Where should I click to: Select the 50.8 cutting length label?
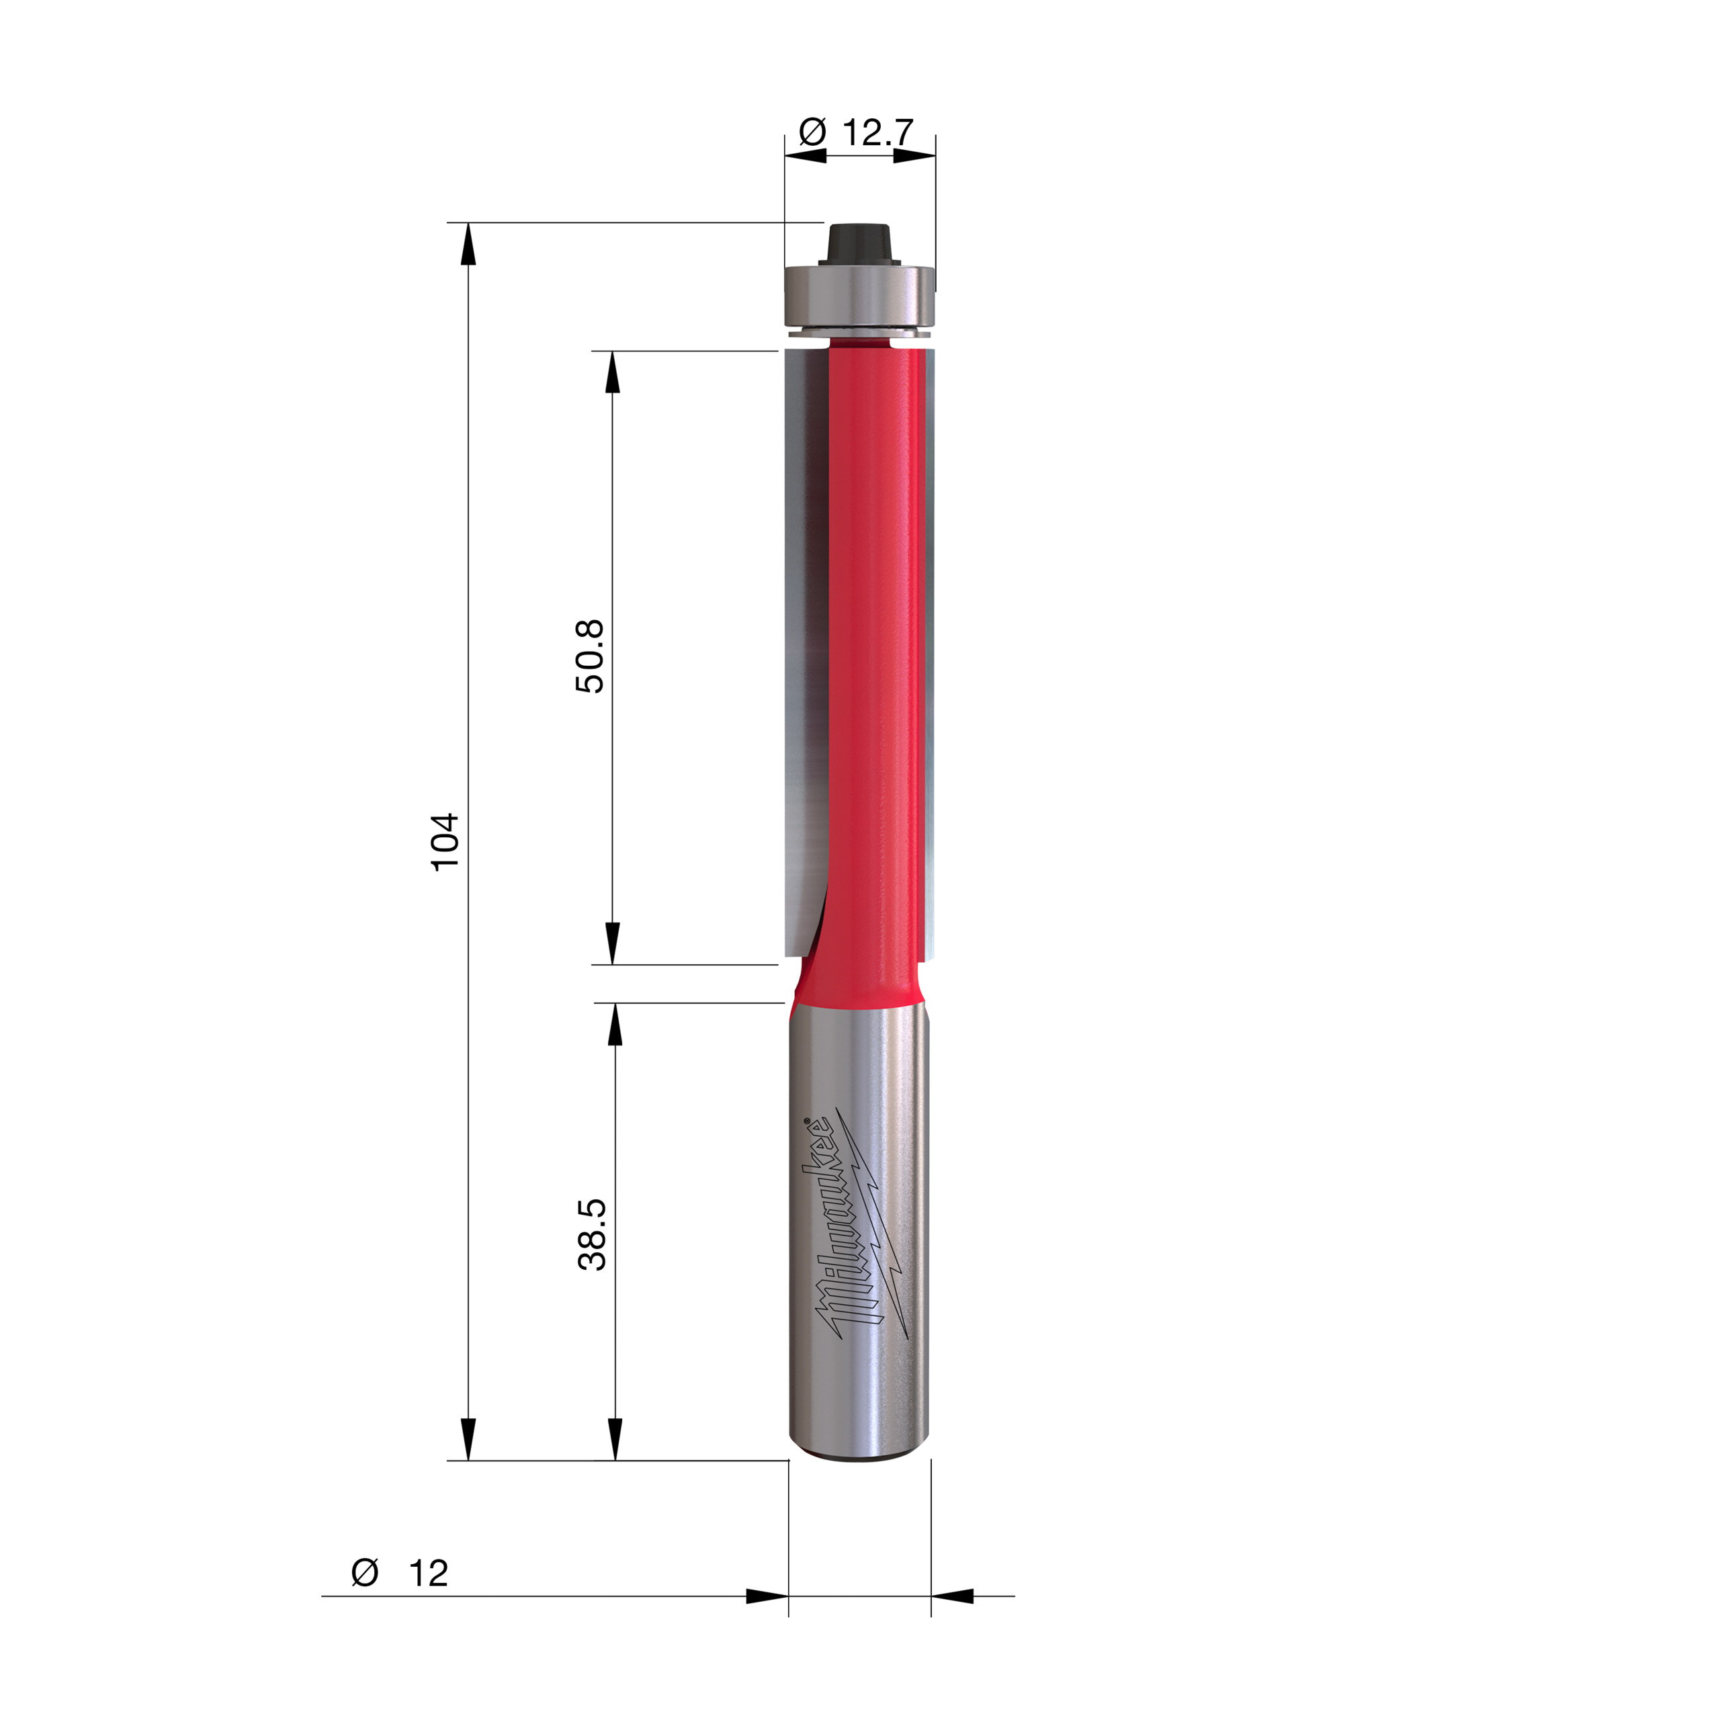point(589,656)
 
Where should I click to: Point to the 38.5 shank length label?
point(592,1234)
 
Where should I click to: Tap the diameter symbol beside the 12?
point(365,1572)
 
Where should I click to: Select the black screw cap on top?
point(859,242)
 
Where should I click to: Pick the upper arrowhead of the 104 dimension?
point(468,244)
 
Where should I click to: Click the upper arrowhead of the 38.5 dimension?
point(614,1025)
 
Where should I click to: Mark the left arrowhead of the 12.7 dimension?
point(806,156)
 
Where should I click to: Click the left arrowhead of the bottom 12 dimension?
point(767,1596)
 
